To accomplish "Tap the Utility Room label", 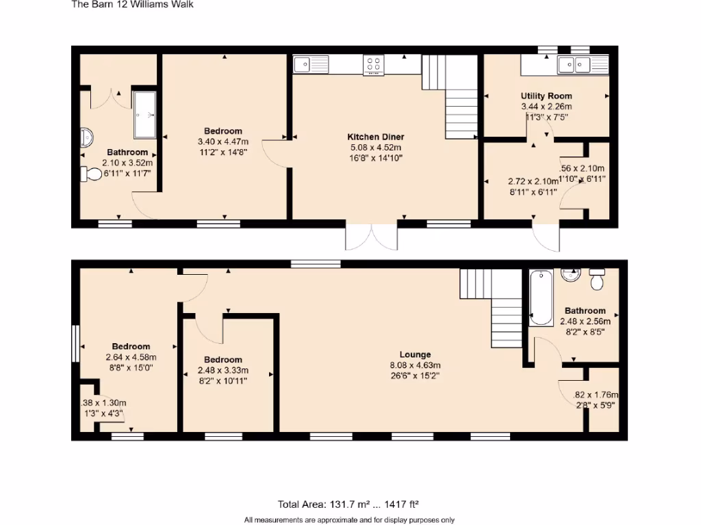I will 546,96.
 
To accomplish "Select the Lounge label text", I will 416,355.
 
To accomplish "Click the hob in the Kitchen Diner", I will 374,65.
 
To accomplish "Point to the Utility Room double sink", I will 574,65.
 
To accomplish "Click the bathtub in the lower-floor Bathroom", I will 541,298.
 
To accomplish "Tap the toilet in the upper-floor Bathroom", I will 90,174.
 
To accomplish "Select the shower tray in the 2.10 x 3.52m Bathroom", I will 144,115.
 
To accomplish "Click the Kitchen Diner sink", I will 311,65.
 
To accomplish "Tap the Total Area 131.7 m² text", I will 348,505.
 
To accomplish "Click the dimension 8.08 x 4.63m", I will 416,364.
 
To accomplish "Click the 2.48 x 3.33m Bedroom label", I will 222,360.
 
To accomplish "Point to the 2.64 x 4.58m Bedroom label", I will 131,347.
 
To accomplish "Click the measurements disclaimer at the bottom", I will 349,520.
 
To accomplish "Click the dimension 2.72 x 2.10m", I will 533,182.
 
